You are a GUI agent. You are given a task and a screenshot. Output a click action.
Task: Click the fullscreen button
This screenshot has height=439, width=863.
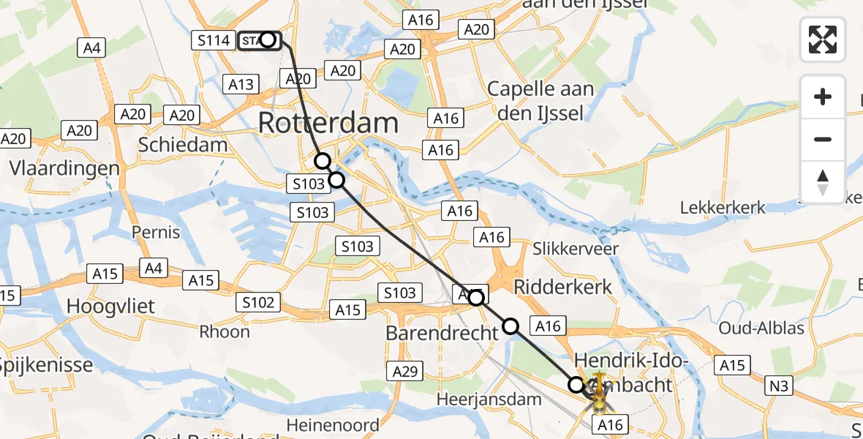823,39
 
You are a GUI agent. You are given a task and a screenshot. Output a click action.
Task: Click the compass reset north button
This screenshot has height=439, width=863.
823,181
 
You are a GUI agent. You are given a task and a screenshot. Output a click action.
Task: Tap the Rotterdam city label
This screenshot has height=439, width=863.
328,123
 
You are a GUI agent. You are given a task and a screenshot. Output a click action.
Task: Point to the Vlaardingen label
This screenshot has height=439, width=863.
65,168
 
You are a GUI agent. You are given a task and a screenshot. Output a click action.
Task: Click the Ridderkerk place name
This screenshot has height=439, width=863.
562,286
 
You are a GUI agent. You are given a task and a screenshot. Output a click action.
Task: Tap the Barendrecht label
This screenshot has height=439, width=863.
442,332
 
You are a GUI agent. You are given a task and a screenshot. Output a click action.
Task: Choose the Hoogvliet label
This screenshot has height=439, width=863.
110,306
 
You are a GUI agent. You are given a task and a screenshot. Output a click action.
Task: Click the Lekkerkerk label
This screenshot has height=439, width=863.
723,207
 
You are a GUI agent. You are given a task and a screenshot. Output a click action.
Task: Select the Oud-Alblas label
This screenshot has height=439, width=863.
761,327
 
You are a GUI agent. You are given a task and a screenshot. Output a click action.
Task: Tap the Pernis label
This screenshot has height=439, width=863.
156,233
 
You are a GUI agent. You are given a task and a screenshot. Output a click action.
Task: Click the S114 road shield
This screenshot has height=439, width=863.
214,40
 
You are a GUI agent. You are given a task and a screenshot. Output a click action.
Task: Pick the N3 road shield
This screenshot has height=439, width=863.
780,386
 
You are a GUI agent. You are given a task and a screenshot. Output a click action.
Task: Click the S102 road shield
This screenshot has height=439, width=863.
258,301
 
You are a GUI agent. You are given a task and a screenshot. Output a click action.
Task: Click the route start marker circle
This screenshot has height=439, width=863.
268,40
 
